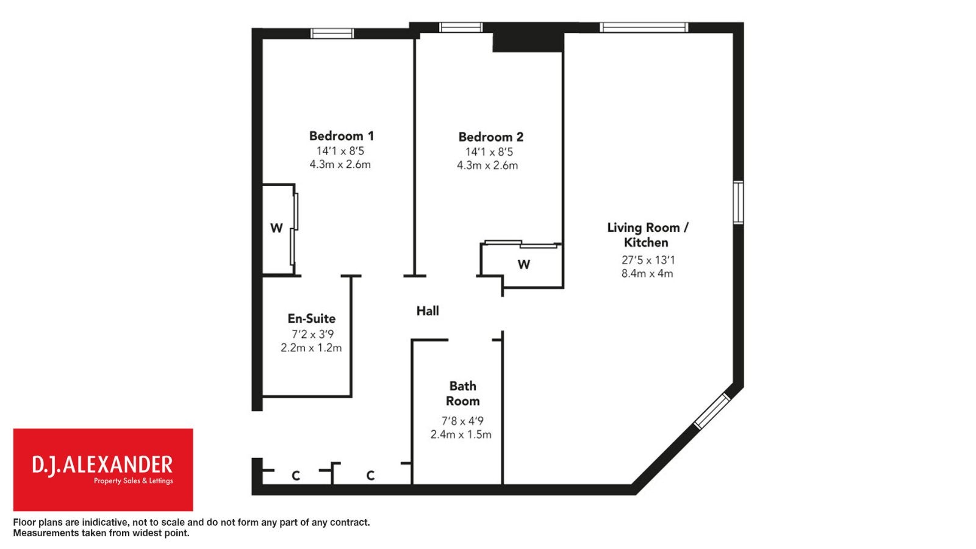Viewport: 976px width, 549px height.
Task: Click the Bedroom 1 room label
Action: click(342, 136)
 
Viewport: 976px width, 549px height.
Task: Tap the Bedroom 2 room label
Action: click(490, 137)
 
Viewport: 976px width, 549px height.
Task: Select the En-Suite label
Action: click(312, 318)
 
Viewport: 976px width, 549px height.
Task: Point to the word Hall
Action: click(428, 310)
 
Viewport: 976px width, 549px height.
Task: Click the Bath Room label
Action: click(463, 393)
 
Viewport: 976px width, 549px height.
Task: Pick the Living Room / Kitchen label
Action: click(648, 235)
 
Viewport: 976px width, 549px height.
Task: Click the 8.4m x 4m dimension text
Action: click(647, 274)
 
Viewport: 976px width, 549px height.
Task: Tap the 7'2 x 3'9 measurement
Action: click(312, 334)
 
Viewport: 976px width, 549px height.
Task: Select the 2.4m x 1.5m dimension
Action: click(461, 434)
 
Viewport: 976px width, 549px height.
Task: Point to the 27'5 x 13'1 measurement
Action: click(648, 260)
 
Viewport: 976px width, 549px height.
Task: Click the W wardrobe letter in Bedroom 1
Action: click(276, 228)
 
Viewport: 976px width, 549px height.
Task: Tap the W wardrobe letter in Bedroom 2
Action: click(524, 264)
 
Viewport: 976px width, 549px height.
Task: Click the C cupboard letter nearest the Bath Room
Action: click(370, 475)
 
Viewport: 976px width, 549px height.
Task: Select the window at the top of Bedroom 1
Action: click(332, 34)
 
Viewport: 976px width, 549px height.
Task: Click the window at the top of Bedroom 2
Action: click(461, 27)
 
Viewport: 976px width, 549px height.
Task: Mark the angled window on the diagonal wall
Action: click(712, 411)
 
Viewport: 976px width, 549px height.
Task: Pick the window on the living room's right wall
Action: click(738, 203)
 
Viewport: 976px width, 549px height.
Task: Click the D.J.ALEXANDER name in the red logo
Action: click(102, 465)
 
